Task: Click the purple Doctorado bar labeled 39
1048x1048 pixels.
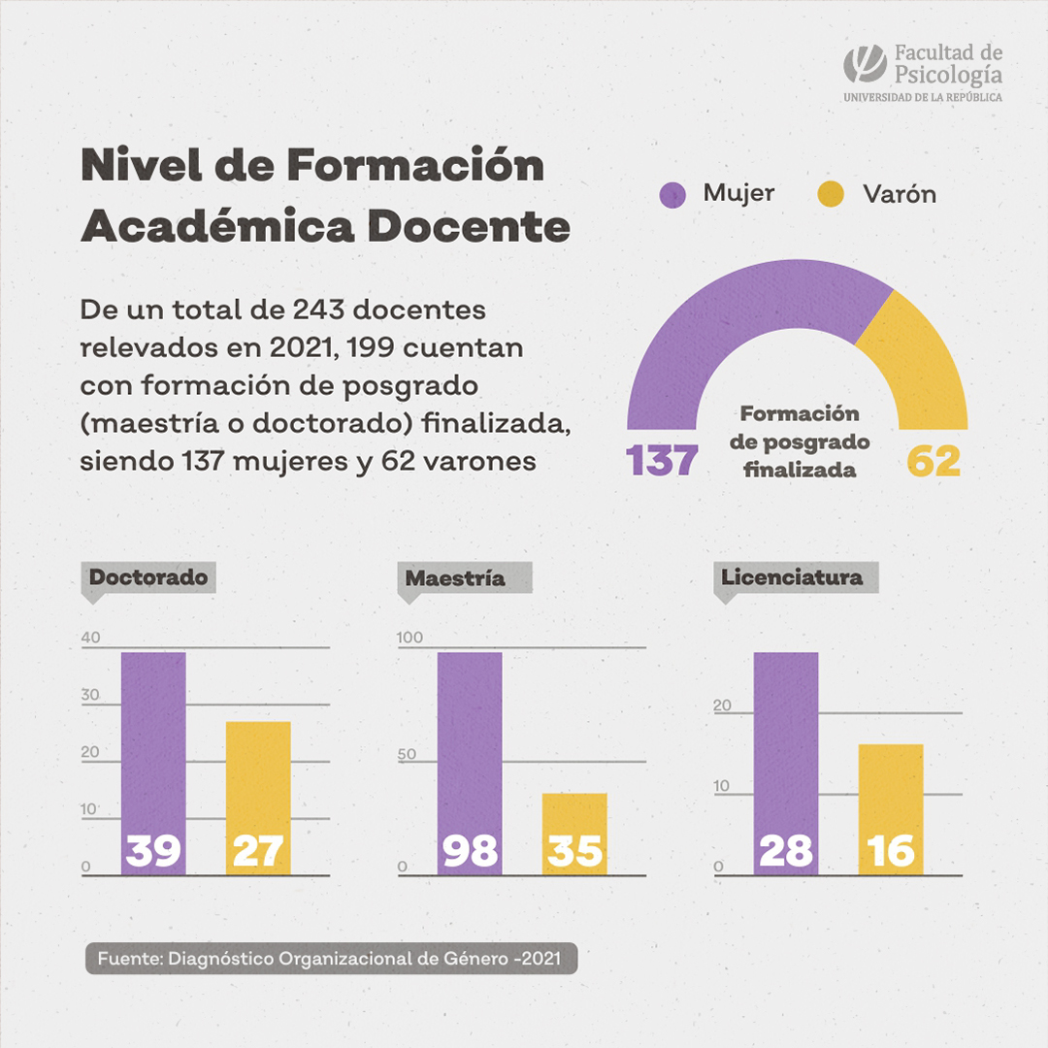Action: point(153,747)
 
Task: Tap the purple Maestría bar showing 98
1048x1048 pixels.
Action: point(470,747)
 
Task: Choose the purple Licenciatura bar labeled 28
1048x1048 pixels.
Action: point(786,747)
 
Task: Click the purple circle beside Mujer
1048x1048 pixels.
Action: point(671,194)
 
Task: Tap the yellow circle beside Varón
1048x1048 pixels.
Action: point(831,194)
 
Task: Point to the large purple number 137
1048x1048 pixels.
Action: point(663,461)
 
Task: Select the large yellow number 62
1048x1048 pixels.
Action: point(933,461)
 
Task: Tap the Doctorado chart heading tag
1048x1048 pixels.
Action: point(148,578)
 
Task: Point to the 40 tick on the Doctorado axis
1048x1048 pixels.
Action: point(91,639)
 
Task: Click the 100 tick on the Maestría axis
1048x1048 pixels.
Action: point(410,639)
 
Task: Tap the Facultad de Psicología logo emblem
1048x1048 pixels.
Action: point(865,64)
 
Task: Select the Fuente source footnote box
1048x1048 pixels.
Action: point(331,958)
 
